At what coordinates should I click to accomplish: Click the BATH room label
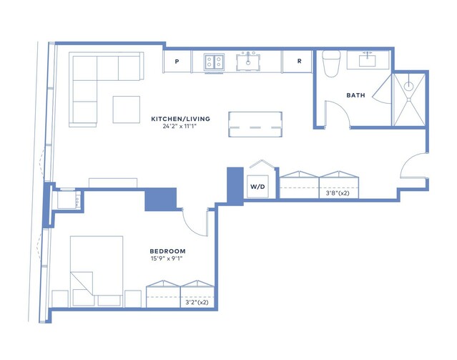[x=355, y=95]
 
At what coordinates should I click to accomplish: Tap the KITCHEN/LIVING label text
[x=180, y=119]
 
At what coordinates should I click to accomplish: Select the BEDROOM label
[x=167, y=251]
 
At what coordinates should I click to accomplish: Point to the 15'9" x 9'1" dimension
[x=167, y=258]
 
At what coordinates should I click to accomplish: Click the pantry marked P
[x=177, y=62]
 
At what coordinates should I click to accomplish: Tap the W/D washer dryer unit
[x=258, y=186]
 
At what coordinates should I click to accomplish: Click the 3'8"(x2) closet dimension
[x=338, y=193]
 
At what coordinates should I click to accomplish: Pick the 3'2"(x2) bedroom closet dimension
[x=197, y=302]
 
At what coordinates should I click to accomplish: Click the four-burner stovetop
[x=214, y=62]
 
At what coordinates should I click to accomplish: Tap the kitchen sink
[x=248, y=62]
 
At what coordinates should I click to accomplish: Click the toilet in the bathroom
[x=331, y=64]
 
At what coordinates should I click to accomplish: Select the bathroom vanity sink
[x=367, y=61]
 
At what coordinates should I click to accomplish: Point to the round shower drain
[x=409, y=86]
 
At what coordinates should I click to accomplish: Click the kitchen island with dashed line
[x=255, y=125]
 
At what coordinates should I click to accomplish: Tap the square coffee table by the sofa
[x=127, y=110]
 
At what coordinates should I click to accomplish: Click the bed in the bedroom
[x=97, y=271]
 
